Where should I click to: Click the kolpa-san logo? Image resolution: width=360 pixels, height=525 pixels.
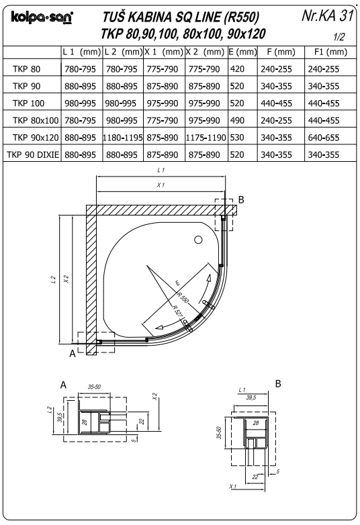42,17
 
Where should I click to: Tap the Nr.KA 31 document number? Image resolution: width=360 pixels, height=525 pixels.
327,15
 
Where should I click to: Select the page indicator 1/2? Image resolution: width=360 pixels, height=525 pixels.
339,37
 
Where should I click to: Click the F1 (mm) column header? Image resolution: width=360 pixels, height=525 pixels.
330,52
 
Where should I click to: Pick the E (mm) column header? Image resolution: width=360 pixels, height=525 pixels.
242,52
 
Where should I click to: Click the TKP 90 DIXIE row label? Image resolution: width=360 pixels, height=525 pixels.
33,154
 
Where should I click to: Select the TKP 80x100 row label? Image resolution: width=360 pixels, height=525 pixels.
36,120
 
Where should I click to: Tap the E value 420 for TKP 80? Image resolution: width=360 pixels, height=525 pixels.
237,69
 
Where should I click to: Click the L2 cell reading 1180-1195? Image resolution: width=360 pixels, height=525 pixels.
123,138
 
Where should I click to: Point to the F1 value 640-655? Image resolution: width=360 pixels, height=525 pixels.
324,138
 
